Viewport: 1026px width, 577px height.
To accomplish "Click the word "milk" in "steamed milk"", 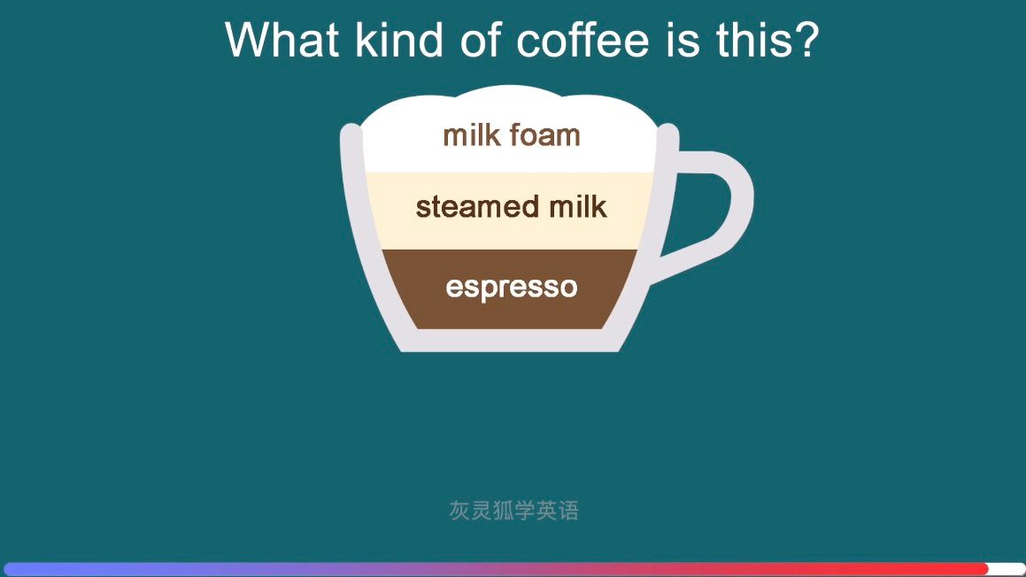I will pyautogui.click(x=577, y=207).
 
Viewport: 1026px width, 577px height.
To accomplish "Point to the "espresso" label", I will pyautogui.click(x=512, y=288).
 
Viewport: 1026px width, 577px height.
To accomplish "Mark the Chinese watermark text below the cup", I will pyautogui.click(x=513, y=511).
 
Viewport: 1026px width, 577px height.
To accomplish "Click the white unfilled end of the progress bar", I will pyautogui.click(x=1007, y=569).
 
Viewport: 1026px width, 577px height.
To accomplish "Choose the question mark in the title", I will pyautogui.click(x=806, y=40).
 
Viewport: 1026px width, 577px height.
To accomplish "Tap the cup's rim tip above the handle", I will pyautogui.click(x=668, y=135).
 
